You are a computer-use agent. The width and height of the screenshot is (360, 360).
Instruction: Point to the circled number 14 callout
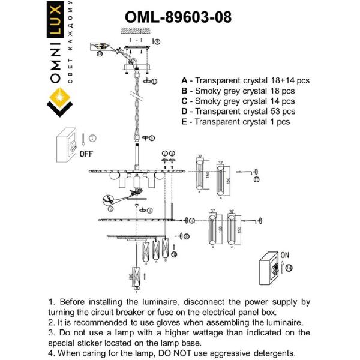[x=289, y=268]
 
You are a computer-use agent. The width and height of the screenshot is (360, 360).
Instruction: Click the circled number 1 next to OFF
[x=92, y=138]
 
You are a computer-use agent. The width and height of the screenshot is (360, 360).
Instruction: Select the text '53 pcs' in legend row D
[x=281, y=111]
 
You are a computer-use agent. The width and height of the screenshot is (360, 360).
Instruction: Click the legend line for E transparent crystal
[x=235, y=121]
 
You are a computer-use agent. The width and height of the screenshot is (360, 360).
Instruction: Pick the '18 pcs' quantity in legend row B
[x=281, y=91]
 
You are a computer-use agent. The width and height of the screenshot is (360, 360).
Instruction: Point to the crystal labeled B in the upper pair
[x=199, y=176]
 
